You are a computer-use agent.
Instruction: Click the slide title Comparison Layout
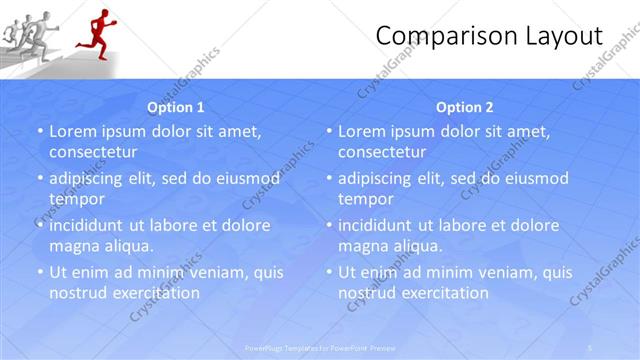(489, 37)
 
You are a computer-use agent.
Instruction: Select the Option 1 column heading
(176, 107)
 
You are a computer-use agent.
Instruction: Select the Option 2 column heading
(465, 107)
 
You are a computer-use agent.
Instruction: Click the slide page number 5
(591, 348)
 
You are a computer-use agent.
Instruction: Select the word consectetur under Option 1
(93, 152)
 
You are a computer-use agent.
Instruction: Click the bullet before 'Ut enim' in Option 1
(39, 272)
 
